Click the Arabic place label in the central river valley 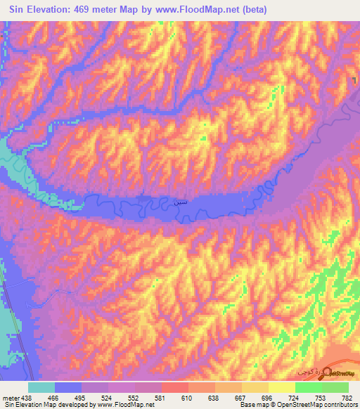(179, 200)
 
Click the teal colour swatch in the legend (41, 387)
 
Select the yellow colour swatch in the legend (281, 387)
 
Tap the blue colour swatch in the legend (68, 387)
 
